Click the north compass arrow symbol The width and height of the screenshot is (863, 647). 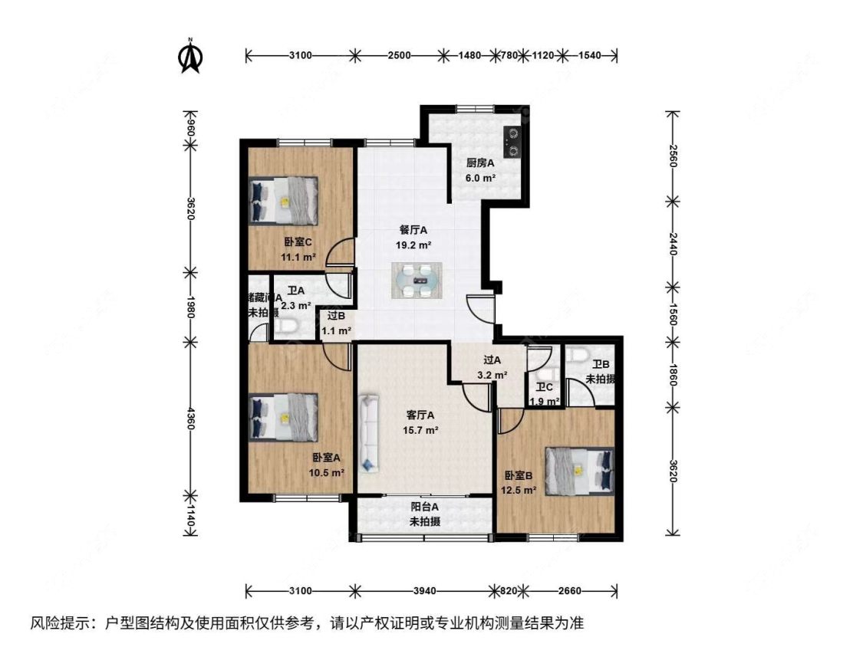pyautogui.click(x=189, y=57)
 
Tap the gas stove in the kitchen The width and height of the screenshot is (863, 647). pyautogui.click(x=511, y=143)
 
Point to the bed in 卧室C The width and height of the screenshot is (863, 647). pyautogui.click(x=283, y=199)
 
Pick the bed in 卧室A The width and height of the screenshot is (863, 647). pyautogui.click(x=283, y=416)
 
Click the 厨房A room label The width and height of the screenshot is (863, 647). pyautogui.click(x=481, y=163)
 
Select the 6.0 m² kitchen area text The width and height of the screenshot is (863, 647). pyautogui.click(x=481, y=177)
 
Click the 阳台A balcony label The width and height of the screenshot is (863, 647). pyautogui.click(x=424, y=507)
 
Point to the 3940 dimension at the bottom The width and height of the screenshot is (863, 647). pyautogui.click(x=424, y=591)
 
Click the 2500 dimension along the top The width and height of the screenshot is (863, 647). pyautogui.click(x=399, y=55)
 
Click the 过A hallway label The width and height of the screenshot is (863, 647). pyautogui.click(x=492, y=360)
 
